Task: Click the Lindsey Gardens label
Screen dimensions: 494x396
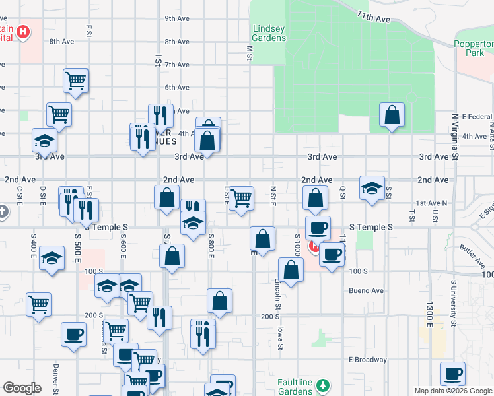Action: coord(269,33)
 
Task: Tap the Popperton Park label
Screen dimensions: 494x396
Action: coord(474,48)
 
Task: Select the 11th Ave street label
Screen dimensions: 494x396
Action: coord(374,16)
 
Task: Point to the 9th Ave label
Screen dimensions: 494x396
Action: coord(178,18)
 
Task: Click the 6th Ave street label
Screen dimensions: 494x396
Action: coord(178,88)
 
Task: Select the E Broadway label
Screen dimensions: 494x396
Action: coord(368,360)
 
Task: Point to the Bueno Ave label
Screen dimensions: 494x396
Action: coord(367,290)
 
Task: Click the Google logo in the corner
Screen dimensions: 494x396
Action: coord(22,388)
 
